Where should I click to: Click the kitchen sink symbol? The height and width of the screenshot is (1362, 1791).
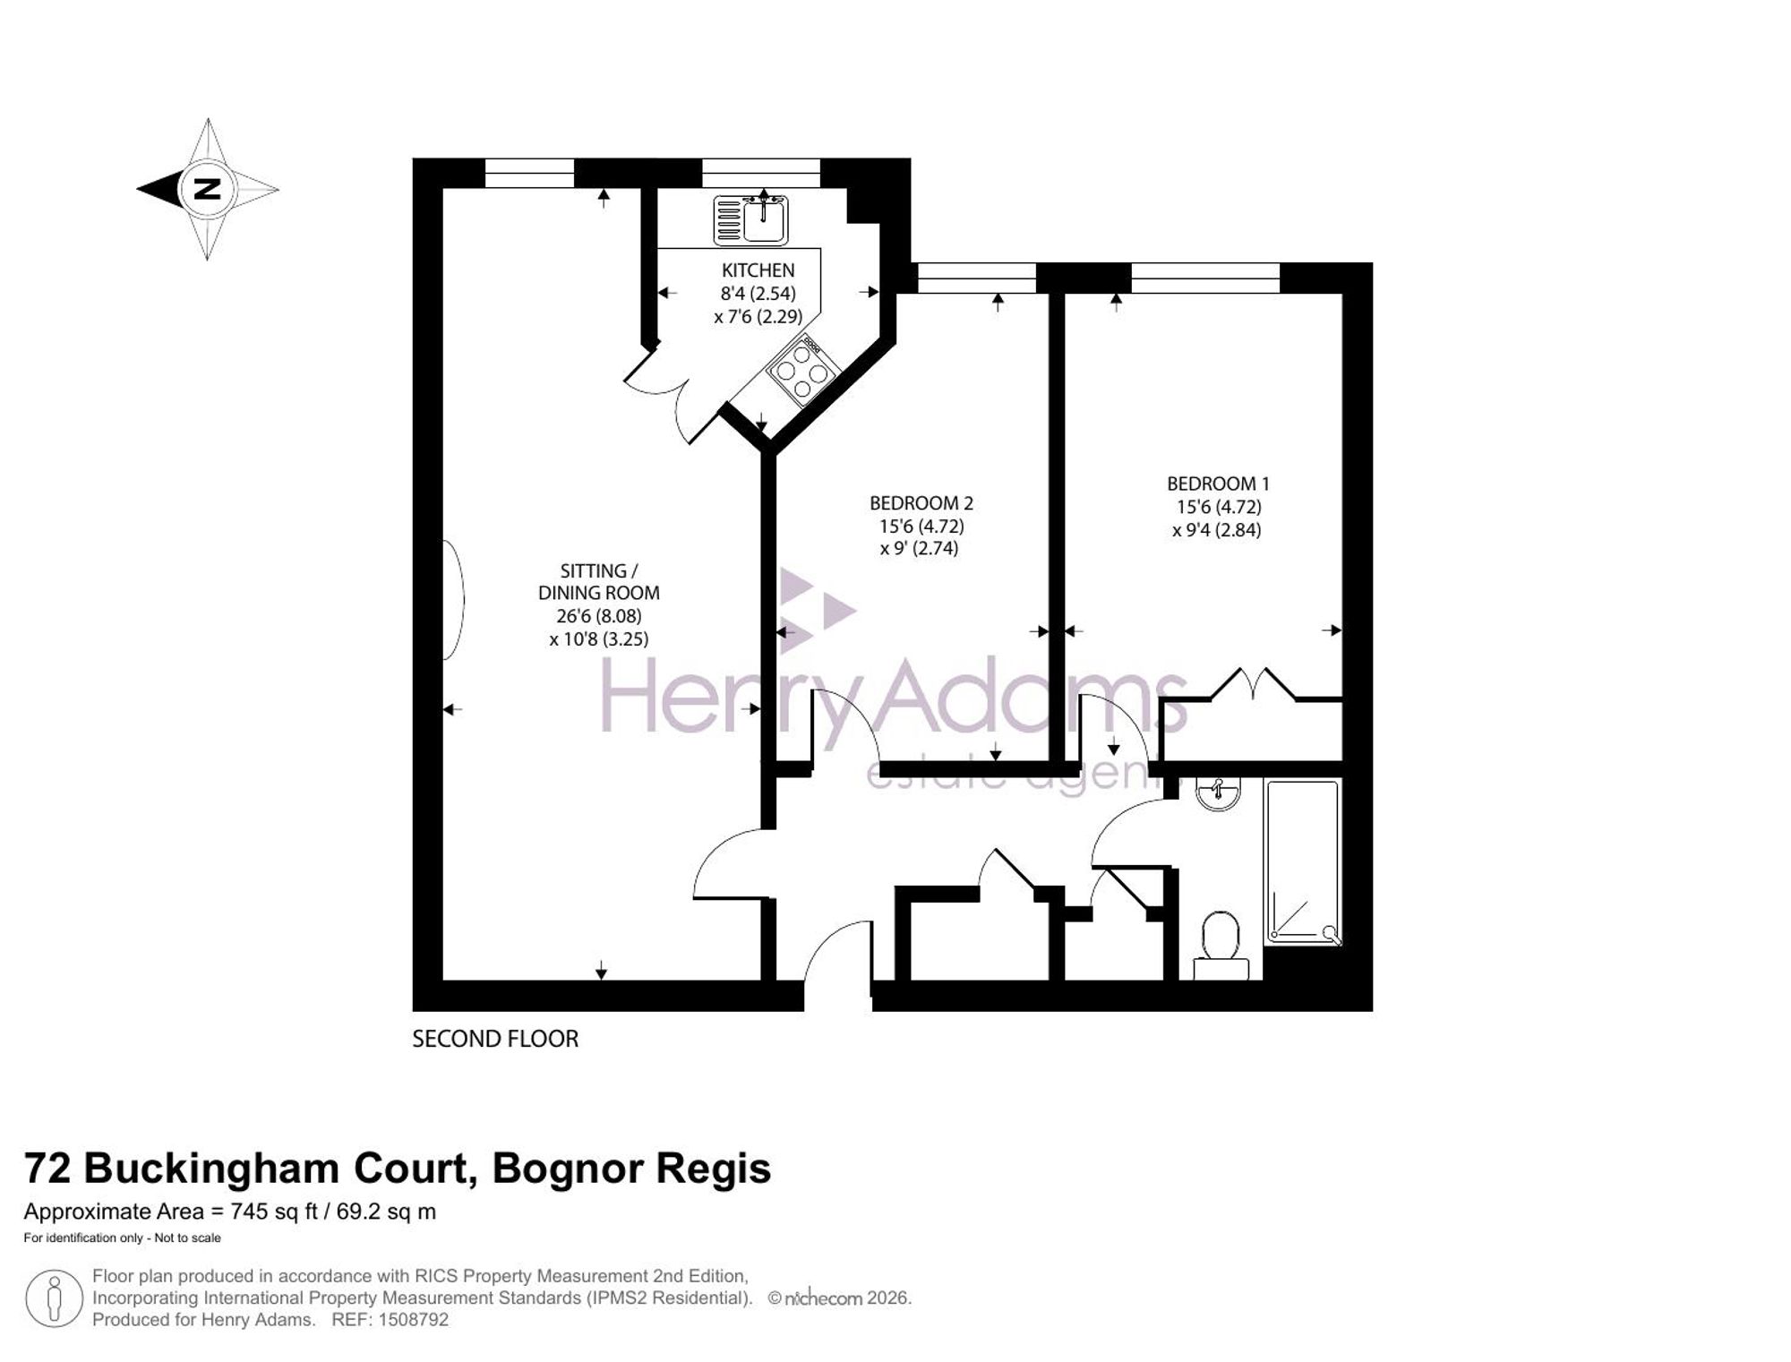[x=750, y=219]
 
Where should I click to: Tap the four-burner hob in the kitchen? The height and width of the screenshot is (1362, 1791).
[x=803, y=371]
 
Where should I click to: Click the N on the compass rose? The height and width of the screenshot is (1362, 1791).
[x=208, y=189]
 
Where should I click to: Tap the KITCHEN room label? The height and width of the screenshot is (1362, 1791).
[x=758, y=270]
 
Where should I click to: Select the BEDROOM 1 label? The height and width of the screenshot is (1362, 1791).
[x=1218, y=484]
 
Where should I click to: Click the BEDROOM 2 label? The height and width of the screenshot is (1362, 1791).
[x=921, y=503]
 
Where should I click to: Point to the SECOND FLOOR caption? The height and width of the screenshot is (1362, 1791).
[x=495, y=1039]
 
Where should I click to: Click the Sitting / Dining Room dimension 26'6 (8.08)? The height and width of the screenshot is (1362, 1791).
[x=598, y=616]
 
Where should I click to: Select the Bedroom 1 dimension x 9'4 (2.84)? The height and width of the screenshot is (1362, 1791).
[x=1217, y=530]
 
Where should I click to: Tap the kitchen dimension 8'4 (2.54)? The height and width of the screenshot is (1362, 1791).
[x=758, y=293]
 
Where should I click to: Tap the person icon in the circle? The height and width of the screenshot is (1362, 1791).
[x=55, y=1298]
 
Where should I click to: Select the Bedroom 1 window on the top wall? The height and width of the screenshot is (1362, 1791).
[x=1205, y=278]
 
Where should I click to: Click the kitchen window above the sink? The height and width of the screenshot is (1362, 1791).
[x=760, y=173]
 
